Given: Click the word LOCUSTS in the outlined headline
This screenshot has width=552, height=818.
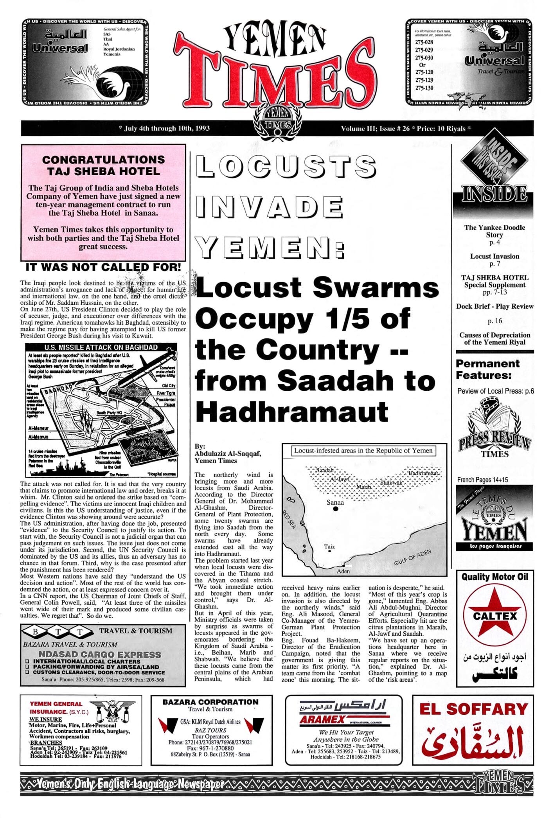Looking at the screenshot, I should pos(286,166).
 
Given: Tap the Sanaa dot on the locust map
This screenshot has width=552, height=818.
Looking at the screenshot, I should pos(335,509).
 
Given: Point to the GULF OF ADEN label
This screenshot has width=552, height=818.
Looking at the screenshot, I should pos(412,557).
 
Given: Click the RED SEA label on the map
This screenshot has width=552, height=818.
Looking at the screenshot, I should pos(289,520).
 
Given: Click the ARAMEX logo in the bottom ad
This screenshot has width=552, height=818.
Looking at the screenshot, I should pos(323,719).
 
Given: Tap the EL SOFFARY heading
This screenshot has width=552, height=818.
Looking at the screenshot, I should pos(473,709).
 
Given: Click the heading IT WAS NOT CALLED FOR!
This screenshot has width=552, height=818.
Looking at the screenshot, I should pos(103,267).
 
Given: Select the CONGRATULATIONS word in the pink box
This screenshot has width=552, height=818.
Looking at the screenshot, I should pos(103,160).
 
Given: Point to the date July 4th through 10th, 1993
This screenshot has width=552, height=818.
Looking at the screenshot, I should pos(164,128).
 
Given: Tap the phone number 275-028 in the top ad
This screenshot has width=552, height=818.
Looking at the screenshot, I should pos(424,42).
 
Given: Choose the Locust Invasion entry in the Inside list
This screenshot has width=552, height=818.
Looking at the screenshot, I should pos(494,256).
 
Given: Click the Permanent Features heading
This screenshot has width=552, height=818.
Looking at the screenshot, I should pos(487,369).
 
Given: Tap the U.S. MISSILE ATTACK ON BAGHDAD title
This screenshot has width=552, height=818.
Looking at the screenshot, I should pos(101,347).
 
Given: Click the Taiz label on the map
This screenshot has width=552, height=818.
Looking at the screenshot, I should pos(329,547).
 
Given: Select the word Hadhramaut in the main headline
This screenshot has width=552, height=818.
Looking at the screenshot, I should pos(292,412).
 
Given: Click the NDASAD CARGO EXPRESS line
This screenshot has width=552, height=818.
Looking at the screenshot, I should pos(99,654).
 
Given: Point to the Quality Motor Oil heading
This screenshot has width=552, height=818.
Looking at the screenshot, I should pos(494,577).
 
